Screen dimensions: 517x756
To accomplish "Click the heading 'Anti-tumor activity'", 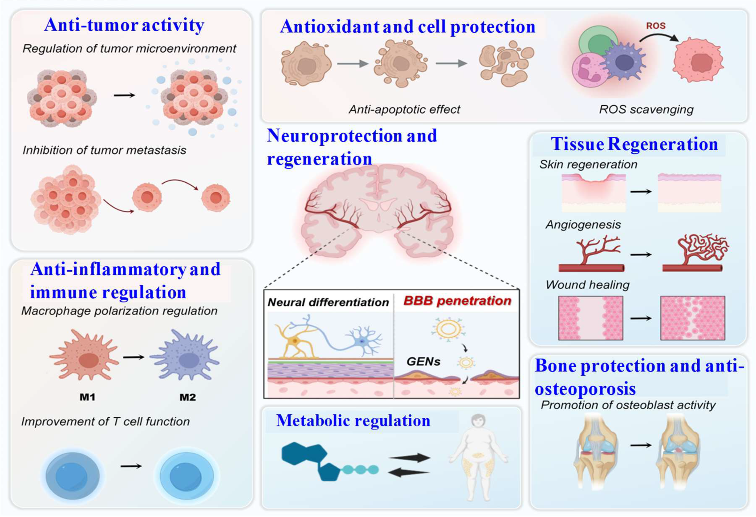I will pos(124,25).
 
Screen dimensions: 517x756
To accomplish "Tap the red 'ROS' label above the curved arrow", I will pos(656,26).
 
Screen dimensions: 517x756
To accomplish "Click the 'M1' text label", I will pos(87,397).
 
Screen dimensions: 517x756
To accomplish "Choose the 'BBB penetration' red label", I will pos(457,301).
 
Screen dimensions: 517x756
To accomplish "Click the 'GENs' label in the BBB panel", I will pos(423,361).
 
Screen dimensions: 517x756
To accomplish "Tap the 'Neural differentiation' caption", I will pos(328,302).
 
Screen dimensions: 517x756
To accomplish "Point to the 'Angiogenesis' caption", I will pos(583,225).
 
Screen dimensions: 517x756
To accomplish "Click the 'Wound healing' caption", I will pos(587,285).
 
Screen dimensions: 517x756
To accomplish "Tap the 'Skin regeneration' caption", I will pos(588,164).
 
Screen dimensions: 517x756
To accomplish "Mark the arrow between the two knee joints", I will pos(641,445).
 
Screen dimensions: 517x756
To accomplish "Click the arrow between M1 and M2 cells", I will pos(133,357).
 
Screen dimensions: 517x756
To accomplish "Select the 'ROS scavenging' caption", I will pos(646,110).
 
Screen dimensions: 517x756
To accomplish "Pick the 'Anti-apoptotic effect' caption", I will pos(404,110).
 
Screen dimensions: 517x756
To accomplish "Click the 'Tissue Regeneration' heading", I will pos(634,144).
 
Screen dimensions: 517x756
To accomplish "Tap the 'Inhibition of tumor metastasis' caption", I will pos(104,150).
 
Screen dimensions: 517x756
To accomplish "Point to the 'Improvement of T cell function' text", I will pos(106,421).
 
